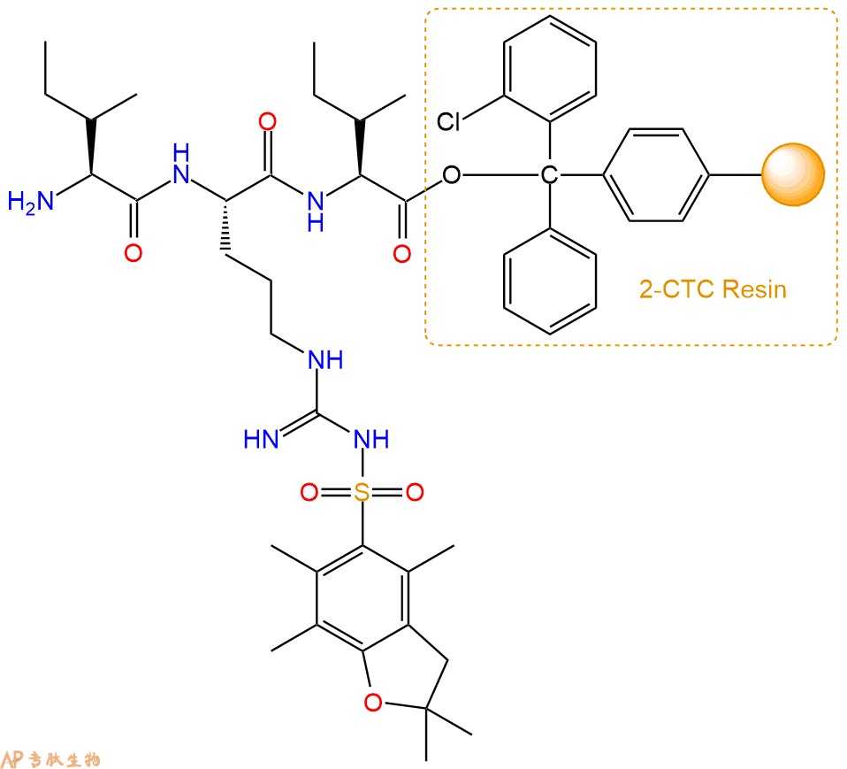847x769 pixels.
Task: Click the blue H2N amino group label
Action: (x=31, y=203)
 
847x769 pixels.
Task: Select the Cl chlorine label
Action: (x=448, y=122)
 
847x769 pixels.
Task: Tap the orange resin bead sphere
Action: (x=793, y=174)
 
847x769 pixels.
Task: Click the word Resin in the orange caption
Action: (x=754, y=289)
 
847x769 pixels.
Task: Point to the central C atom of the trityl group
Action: (x=549, y=174)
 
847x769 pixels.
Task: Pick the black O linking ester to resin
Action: (x=452, y=174)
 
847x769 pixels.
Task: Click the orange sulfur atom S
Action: (x=362, y=492)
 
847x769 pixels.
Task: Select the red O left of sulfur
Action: (x=309, y=492)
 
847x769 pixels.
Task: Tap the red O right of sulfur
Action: (x=415, y=492)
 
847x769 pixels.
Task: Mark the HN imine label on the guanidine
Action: (x=261, y=439)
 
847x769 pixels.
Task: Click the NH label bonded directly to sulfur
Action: (x=371, y=439)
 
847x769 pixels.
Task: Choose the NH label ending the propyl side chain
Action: (x=325, y=359)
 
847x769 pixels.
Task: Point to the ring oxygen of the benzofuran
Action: (x=373, y=702)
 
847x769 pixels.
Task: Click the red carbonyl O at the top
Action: (x=267, y=122)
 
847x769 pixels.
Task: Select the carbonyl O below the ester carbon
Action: (x=402, y=254)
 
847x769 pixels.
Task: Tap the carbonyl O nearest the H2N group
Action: (x=134, y=253)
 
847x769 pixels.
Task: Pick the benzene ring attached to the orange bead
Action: (x=656, y=174)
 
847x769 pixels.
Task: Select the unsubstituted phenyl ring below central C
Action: (x=550, y=281)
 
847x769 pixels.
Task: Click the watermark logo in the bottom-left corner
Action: (x=50, y=758)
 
